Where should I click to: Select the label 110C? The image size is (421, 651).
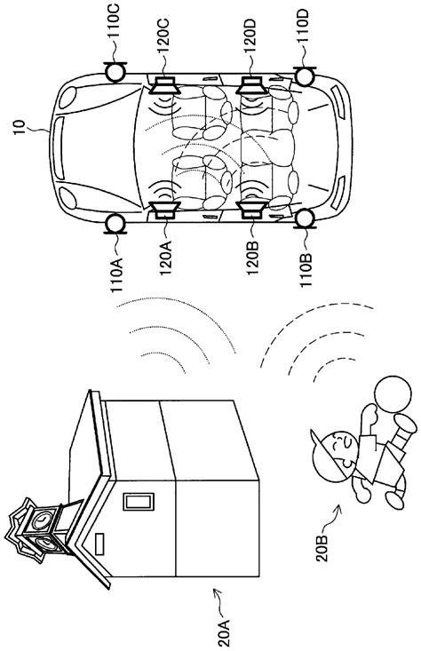tap(115, 21)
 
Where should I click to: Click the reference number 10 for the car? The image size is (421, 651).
tap(20, 128)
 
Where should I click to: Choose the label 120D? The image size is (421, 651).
tap(250, 37)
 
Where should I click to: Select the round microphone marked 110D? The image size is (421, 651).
tap(305, 76)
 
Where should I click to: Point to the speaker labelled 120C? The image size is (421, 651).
tap(165, 85)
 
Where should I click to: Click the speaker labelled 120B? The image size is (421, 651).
tap(251, 210)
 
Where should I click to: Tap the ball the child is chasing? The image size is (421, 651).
tap(393, 394)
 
